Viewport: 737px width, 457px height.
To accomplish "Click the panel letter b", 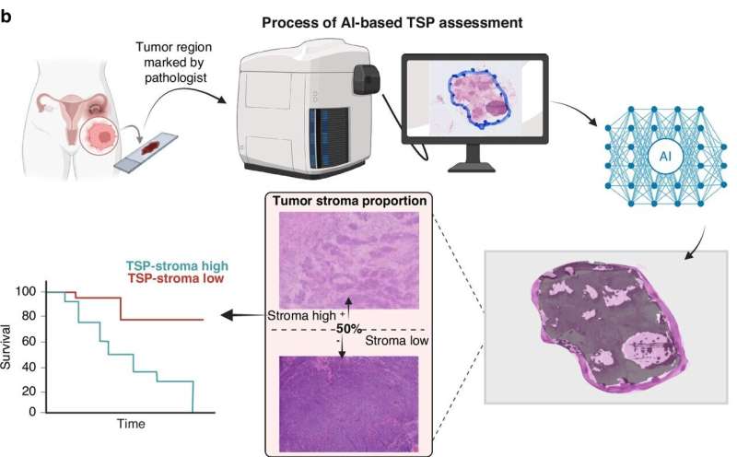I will point(6,16).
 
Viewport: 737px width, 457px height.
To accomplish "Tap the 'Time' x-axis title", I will point(130,425).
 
